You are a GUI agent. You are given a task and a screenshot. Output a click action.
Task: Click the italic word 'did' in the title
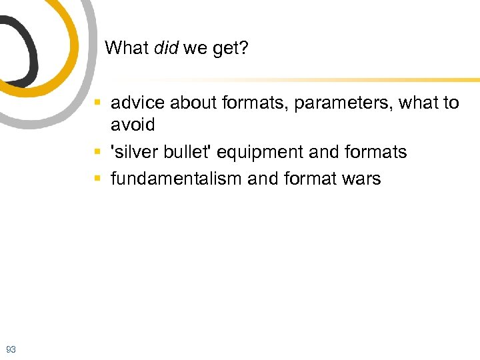(x=166, y=48)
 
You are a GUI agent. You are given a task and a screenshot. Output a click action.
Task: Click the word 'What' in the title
(x=128, y=48)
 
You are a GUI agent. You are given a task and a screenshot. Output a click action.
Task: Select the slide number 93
(x=11, y=349)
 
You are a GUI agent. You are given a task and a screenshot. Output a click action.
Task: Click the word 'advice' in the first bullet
(x=137, y=103)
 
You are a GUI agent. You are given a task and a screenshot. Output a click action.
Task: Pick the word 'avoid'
(x=133, y=125)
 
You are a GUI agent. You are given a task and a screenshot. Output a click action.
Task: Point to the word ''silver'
(x=134, y=152)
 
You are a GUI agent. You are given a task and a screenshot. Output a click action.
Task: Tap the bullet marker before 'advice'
(x=97, y=103)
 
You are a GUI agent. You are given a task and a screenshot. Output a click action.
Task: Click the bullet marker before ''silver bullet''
(x=97, y=153)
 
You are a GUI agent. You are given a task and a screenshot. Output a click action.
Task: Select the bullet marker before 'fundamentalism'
(x=97, y=179)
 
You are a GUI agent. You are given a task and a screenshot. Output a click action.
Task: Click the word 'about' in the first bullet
(x=191, y=103)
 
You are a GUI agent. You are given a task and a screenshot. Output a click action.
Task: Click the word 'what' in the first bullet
(x=419, y=103)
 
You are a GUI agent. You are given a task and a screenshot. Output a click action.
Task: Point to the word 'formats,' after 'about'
(x=251, y=103)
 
